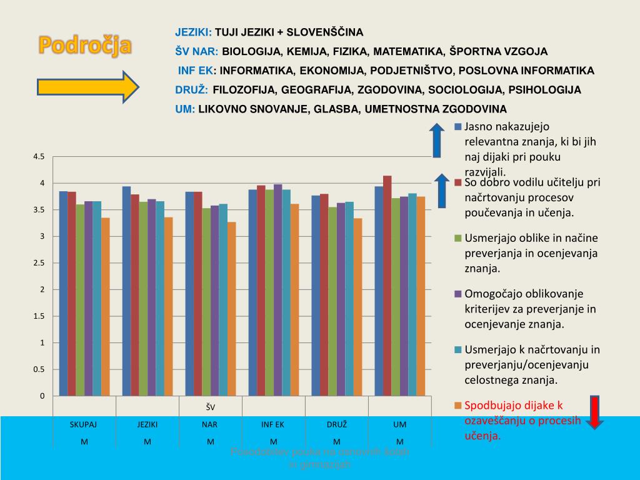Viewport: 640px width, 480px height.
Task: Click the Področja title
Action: (x=86, y=45)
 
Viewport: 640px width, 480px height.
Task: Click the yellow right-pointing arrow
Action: (x=87, y=87)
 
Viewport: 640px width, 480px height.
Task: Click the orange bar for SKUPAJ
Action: (x=106, y=306)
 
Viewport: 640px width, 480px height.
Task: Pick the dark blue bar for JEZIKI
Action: (x=126, y=291)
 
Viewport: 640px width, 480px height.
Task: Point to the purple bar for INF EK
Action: (x=277, y=290)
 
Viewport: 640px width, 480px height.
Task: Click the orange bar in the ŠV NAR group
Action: (x=231, y=309)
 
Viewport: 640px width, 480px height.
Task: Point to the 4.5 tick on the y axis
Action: (x=39, y=157)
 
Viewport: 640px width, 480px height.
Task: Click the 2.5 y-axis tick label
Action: (x=39, y=263)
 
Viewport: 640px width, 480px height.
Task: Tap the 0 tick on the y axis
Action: (x=42, y=396)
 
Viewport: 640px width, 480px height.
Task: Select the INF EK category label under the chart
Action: (x=273, y=424)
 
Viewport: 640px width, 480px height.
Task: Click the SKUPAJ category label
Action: (x=84, y=424)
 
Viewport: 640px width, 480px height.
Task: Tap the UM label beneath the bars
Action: (x=400, y=424)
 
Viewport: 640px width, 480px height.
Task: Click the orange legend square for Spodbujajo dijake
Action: (x=457, y=406)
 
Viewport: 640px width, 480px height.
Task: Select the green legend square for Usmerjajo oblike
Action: (x=457, y=238)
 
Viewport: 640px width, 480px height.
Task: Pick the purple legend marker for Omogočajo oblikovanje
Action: (x=457, y=294)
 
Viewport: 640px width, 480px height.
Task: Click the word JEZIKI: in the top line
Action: (x=194, y=32)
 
